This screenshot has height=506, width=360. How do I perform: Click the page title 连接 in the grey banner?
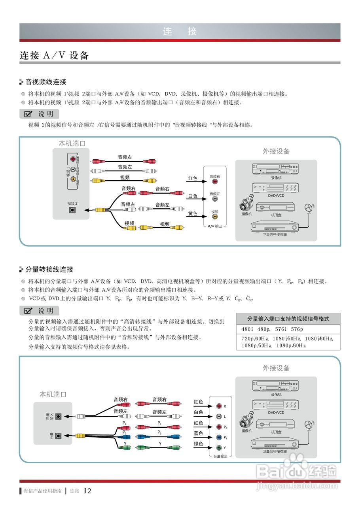(x=180, y=31)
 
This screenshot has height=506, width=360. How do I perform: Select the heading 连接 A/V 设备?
(x=54, y=55)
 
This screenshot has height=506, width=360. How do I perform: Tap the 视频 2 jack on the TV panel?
(x=72, y=210)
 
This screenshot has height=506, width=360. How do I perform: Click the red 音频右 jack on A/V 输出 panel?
(x=215, y=181)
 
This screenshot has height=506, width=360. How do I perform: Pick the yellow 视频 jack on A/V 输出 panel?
(x=215, y=217)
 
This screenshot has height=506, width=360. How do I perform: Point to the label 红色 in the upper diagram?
(x=193, y=179)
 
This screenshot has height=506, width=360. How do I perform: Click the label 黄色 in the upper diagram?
(x=193, y=213)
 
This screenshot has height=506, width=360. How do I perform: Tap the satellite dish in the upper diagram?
(x=308, y=208)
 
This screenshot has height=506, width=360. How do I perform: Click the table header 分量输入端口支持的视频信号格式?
(x=288, y=319)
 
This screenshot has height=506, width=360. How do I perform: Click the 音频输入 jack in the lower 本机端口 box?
(x=59, y=416)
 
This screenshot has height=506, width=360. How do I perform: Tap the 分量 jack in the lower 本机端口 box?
(x=59, y=436)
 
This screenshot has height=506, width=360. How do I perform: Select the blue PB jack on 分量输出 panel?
(x=219, y=438)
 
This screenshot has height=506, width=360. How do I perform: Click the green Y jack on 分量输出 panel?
(x=219, y=448)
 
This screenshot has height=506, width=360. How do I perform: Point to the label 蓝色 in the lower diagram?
(x=198, y=434)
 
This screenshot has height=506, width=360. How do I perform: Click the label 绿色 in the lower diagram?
(x=198, y=444)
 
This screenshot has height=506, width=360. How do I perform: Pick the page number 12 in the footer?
(x=88, y=491)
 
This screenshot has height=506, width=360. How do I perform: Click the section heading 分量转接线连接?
(x=49, y=270)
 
